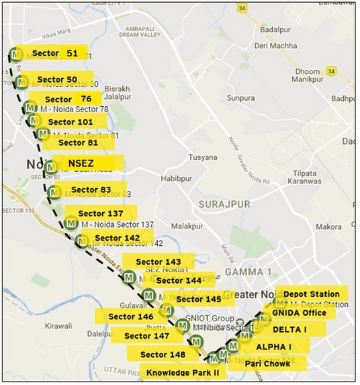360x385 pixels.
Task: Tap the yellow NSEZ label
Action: click(85, 163)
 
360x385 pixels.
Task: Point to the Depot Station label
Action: click(311, 294)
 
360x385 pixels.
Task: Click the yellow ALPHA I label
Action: click(273, 347)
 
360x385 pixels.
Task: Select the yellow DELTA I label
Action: click(289, 330)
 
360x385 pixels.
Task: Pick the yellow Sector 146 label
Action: click(131, 316)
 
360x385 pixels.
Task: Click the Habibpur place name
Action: click(177, 178)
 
